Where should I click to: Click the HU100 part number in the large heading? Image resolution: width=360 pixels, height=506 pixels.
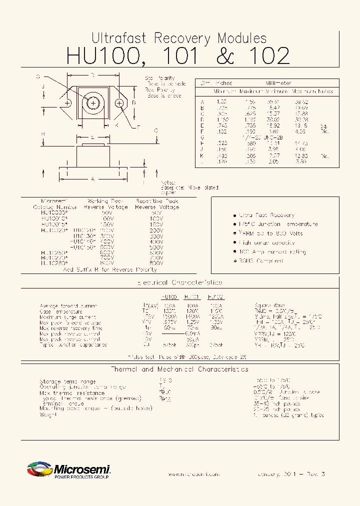(102, 56)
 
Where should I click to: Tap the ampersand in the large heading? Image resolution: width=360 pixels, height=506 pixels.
(225, 56)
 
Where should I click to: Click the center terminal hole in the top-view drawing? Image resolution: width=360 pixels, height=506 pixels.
(93, 103)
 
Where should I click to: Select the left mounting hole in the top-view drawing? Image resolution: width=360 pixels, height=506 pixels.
(68, 103)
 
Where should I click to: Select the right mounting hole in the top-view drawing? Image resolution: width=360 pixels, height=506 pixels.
(119, 103)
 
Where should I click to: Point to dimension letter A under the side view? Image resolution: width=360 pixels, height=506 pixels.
(92, 178)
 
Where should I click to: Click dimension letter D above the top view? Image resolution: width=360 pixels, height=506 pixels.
(93, 75)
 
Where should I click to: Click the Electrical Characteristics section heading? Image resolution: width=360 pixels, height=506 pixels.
(179, 283)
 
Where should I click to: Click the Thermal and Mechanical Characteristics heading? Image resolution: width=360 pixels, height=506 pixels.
(179, 369)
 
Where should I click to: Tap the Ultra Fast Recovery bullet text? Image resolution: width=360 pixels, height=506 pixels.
(266, 215)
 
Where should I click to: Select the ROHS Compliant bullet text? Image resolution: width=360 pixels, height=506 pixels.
(261, 261)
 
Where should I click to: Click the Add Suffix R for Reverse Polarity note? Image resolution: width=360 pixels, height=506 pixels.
(105, 269)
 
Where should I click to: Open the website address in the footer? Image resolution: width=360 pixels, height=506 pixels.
(193, 474)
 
